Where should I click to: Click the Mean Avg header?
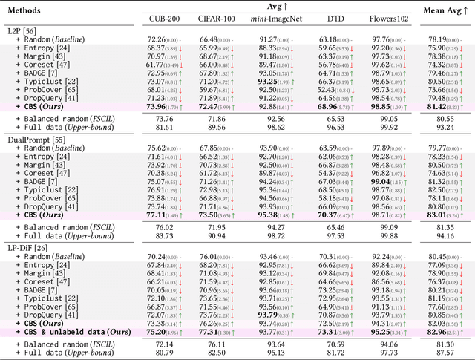click(x=442, y=11)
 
